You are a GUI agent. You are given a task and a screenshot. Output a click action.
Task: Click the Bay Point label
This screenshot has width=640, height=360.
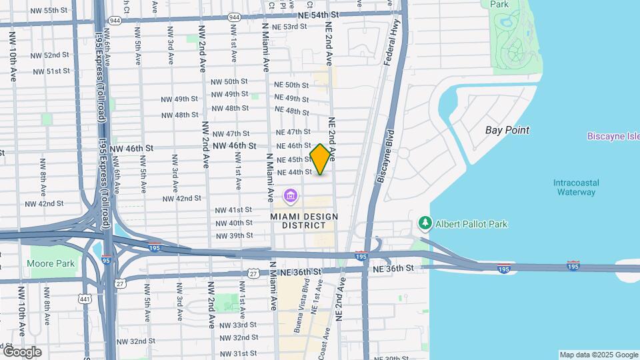[507, 130]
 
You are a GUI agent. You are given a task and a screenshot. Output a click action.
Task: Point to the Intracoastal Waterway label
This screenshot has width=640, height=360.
[576, 187]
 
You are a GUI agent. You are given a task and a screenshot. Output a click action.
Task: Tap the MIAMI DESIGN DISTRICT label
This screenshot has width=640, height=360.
[304, 222]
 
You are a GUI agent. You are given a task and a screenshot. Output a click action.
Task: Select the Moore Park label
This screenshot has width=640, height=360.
[51, 263]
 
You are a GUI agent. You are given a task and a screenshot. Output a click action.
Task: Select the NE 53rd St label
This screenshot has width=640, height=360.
[290, 27]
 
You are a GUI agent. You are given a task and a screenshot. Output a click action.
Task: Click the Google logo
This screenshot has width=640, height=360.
[21, 352]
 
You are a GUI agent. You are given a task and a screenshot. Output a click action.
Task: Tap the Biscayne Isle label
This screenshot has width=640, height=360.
[613, 136]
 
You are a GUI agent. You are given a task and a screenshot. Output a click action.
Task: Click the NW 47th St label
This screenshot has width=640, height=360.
[229, 133]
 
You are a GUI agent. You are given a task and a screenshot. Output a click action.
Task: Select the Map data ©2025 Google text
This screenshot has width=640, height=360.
[599, 355]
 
